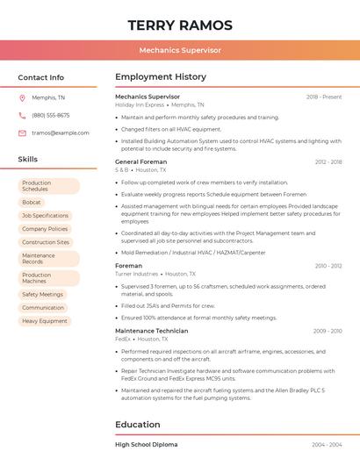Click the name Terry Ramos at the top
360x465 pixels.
click(x=180, y=25)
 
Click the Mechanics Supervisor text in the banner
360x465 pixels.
click(x=180, y=50)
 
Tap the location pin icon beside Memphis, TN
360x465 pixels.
click(x=23, y=97)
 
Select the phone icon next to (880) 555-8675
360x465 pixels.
click(x=23, y=115)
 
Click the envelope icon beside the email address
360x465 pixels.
click(x=23, y=132)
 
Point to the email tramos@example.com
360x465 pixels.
click(x=61, y=132)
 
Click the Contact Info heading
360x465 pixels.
click(x=41, y=77)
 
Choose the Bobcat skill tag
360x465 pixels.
click(x=32, y=202)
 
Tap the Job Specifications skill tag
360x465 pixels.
click(x=45, y=215)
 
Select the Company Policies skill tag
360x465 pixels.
click(x=45, y=228)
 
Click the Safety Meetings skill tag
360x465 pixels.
click(x=42, y=294)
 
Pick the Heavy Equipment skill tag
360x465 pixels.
click(x=45, y=321)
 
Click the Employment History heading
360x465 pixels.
click(x=161, y=77)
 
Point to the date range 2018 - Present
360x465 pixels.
click(x=324, y=97)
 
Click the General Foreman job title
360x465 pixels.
click(x=140, y=162)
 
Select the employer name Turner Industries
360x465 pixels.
click(x=136, y=274)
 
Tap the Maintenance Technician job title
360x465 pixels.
click(x=151, y=331)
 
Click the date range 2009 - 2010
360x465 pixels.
click(x=328, y=331)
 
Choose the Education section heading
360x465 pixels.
click(x=138, y=425)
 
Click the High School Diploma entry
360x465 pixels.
click(x=147, y=445)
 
